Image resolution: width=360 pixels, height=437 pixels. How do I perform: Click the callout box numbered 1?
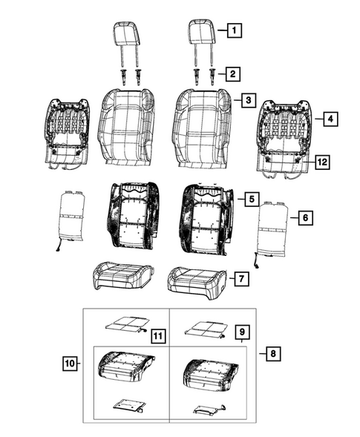(233, 31)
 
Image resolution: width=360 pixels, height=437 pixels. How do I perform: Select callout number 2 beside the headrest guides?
(233, 73)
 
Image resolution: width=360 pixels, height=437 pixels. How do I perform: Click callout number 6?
(304, 217)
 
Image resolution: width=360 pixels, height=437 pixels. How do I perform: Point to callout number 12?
(321, 161)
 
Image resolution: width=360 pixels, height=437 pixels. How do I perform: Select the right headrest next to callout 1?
(200, 33)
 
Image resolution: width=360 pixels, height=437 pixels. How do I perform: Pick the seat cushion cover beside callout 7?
(197, 279)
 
